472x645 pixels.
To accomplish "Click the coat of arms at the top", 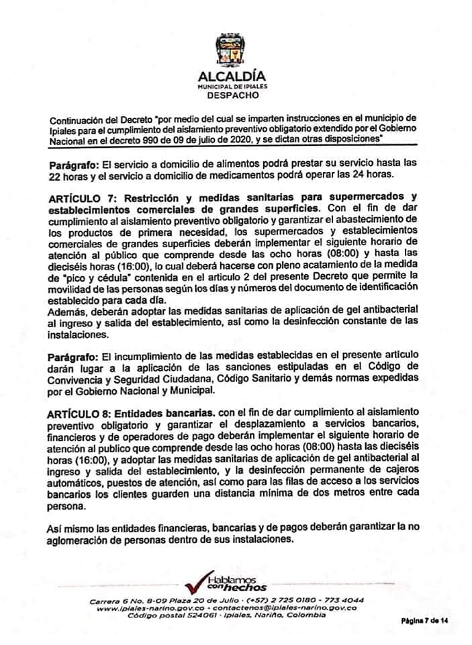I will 233,50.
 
